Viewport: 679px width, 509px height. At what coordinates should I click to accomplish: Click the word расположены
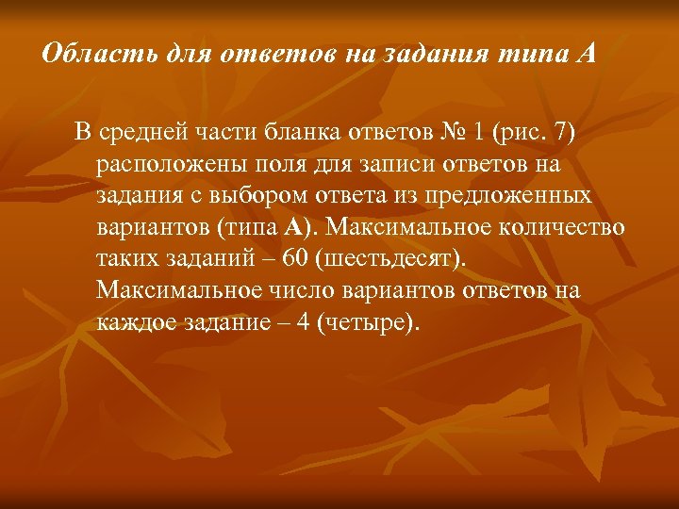pos(166,164)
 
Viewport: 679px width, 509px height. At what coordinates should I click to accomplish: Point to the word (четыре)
pos(368,323)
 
